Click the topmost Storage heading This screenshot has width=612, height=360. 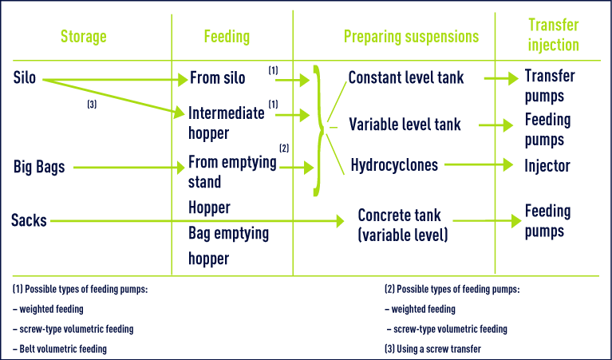(83, 37)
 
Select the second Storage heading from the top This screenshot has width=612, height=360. (83, 53)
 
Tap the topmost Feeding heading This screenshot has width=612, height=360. (227, 37)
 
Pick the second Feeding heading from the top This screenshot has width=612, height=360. (227, 53)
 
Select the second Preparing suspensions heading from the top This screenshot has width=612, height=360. (411, 53)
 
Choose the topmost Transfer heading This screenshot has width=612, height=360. (553, 25)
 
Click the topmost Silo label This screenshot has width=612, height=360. (24, 77)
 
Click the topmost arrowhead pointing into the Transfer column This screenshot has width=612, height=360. (513, 77)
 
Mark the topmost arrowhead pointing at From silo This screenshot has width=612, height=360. (183, 80)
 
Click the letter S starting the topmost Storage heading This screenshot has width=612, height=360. (64, 37)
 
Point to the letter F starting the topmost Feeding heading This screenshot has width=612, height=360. (207, 37)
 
